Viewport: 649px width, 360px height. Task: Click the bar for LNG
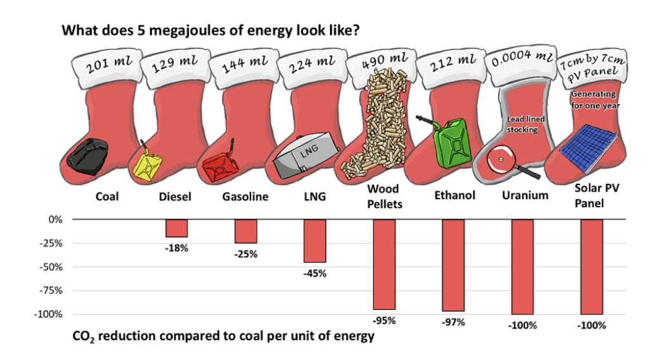[315, 241]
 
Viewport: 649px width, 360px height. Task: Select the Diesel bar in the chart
[176, 228]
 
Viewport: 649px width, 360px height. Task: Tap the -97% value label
[453, 322]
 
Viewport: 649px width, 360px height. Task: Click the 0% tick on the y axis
[56, 219]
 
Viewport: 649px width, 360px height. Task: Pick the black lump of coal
[93, 156]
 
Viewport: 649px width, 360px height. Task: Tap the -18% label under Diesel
[176, 248]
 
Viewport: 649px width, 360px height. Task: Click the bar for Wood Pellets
[384, 264]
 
